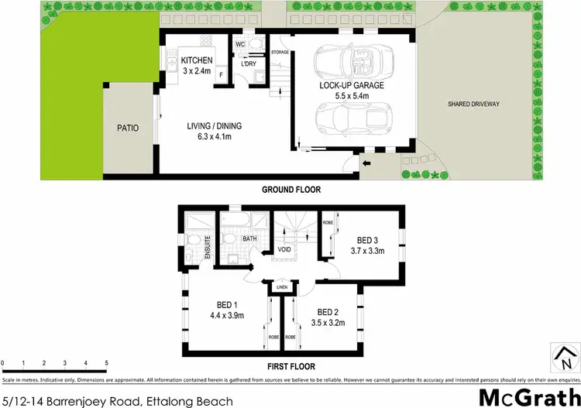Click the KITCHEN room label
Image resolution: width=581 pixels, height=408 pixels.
click(x=196, y=60)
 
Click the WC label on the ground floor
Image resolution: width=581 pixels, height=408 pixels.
click(x=239, y=44)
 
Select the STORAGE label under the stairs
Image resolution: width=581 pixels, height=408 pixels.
click(x=280, y=52)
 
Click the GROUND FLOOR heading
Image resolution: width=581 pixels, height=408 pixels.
click(x=290, y=190)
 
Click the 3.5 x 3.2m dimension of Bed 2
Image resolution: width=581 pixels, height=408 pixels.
click(x=328, y=322)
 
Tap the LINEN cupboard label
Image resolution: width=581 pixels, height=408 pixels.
click(x=281, y=287)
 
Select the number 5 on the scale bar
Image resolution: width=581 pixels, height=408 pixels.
click(x=106, y=362)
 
